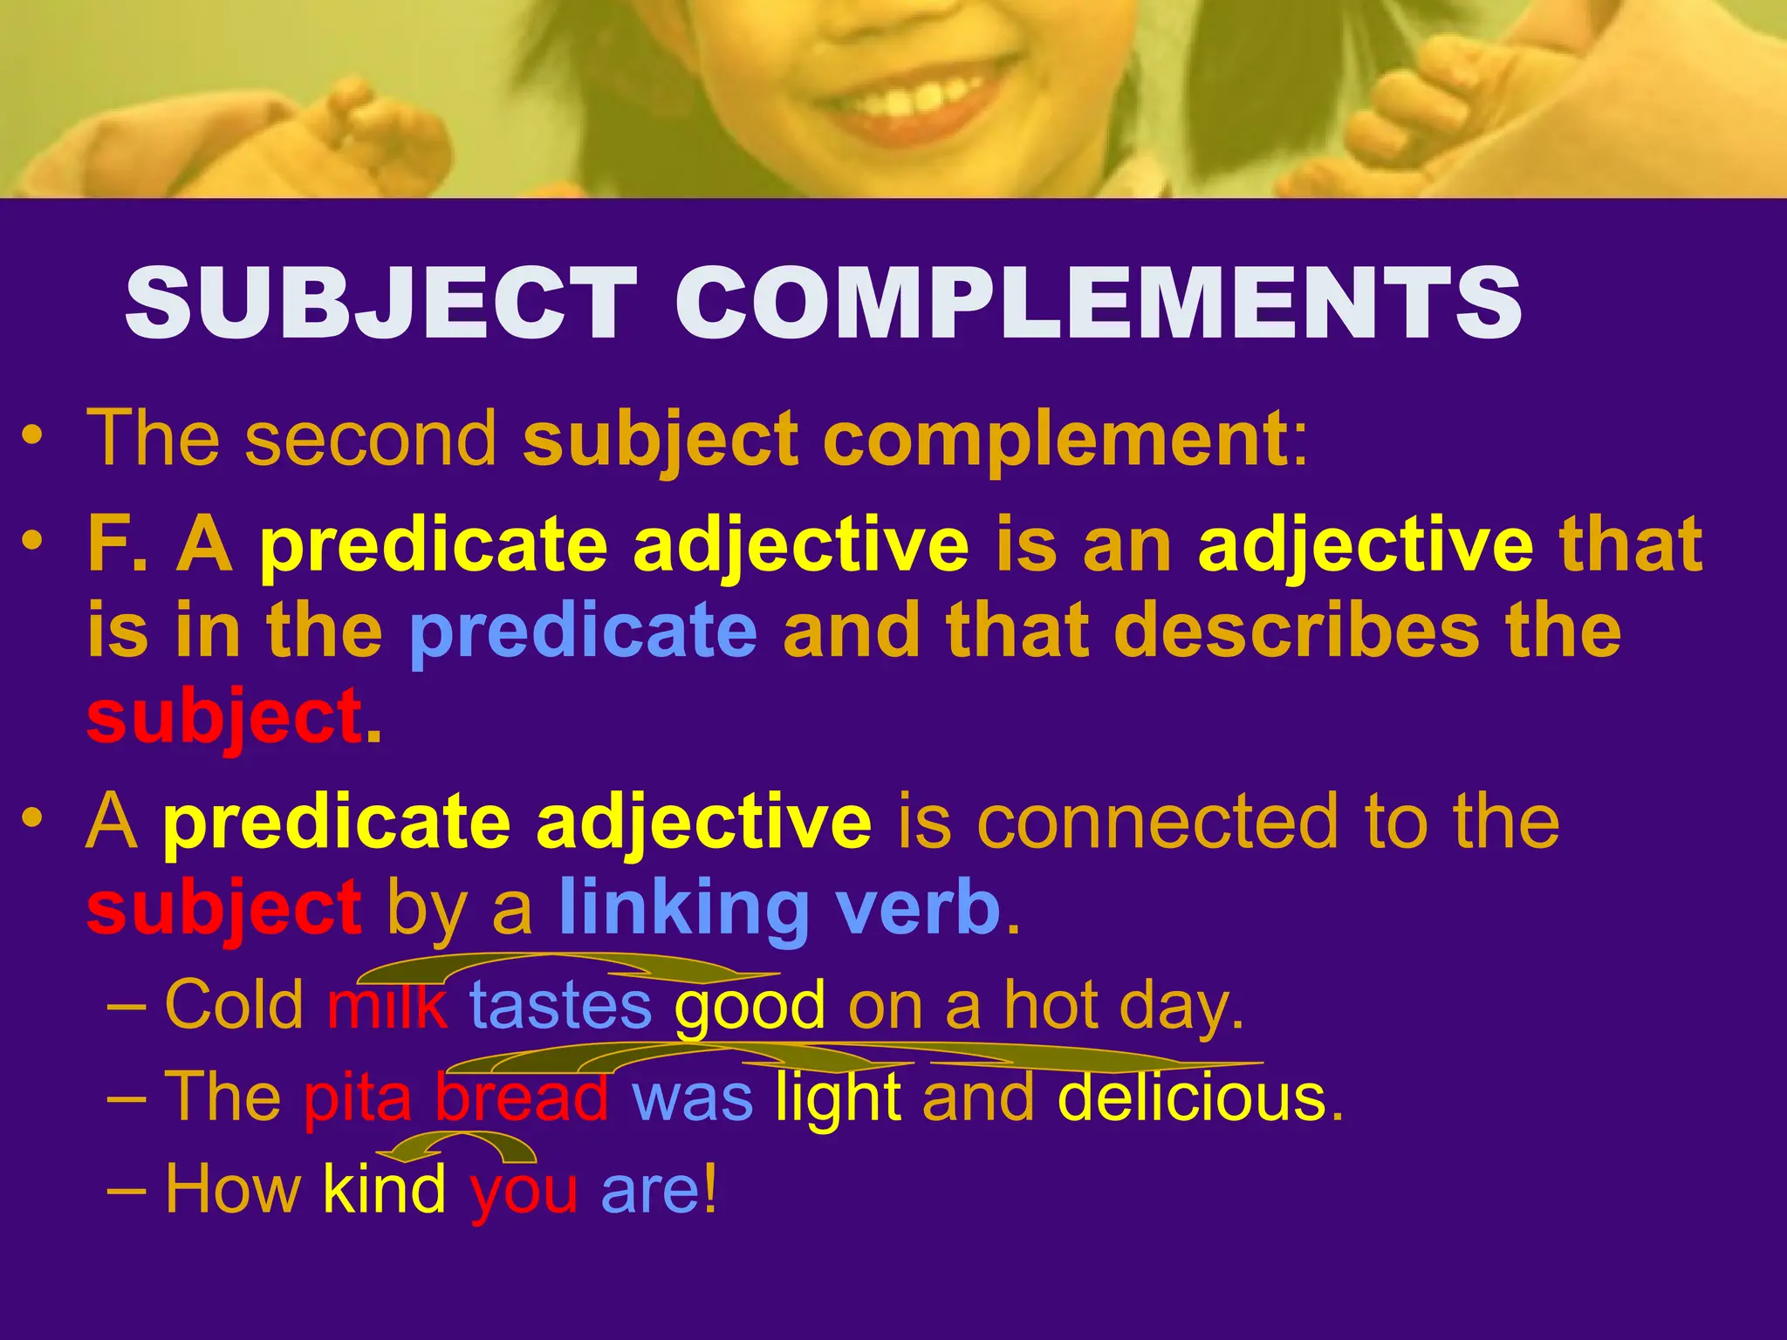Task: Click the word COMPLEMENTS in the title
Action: point(1099,303)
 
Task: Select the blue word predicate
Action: point(583,632)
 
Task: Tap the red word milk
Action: point(387,1006)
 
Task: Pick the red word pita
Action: point(357,1097)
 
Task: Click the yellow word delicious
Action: point(1190,1097)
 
